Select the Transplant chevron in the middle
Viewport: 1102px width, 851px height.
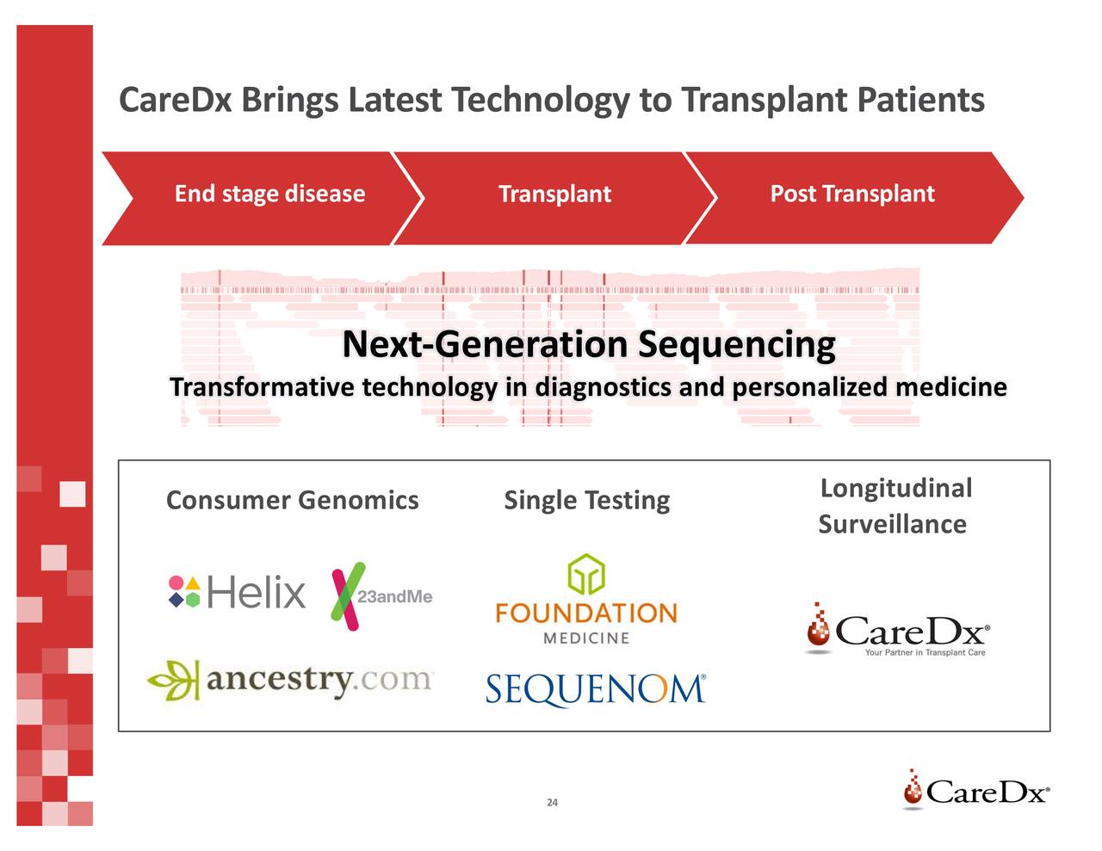(554, 195)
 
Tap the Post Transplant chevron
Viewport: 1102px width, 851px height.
(851, 195)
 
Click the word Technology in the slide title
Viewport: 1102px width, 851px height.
(541, 101)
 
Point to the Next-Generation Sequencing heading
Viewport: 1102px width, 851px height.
(588, 345)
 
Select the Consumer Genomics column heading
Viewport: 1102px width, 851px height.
(292, 500)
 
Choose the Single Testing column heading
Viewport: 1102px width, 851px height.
(586, 500)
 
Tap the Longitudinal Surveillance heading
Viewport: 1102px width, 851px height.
(894, 506)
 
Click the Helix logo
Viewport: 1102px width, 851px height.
(237, 592)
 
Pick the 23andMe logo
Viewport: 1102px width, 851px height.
(381, 596)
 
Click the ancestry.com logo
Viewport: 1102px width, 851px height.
(291, 680)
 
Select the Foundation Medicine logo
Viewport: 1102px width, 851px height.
(586, 601)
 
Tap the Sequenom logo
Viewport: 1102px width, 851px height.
(595, 689)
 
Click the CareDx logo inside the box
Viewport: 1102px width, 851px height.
(897, 631)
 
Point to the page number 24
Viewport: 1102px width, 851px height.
(552, 803)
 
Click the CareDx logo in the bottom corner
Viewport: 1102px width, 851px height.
(975, 790)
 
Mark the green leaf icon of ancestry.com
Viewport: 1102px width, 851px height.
(173, 680)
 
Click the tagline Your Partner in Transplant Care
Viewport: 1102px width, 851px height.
(925, 653)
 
